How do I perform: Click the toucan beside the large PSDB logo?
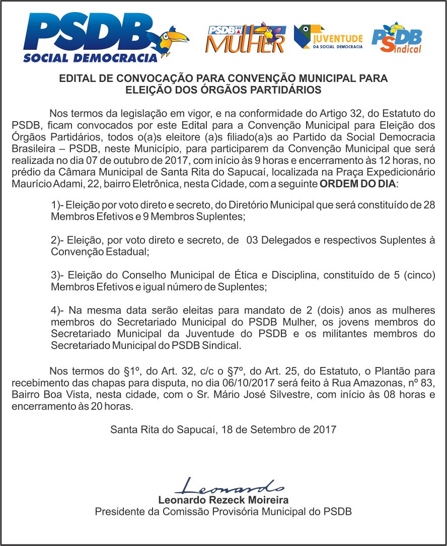pyautogui.click(x=173, y=39)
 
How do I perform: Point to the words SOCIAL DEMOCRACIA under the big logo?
pyautogui.click(x=91, y=57)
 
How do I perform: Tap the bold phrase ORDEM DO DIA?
pyautogui.click(x=358, y=184)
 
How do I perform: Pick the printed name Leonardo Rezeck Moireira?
pyautogui.click(x=223, y=500)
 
